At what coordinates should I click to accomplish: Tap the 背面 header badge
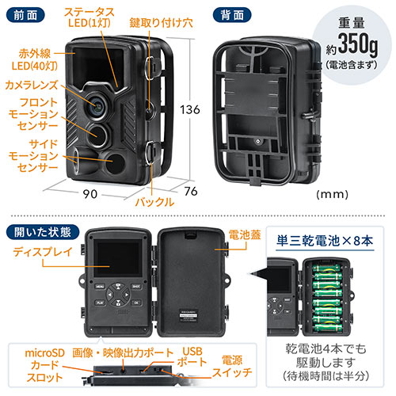(x=232, y=13)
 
